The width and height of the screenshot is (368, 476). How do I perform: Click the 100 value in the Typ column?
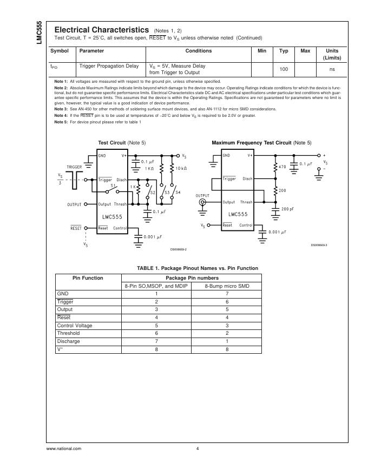coord(283,70)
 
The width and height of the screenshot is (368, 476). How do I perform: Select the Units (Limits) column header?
coord(331,54)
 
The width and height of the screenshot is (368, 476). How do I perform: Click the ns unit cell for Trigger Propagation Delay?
coord(332,70)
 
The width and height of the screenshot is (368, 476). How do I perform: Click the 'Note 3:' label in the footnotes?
coord(61,109)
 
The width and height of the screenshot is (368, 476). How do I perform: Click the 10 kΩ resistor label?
coord(181,169)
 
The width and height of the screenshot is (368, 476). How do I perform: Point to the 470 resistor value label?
coord(282,167)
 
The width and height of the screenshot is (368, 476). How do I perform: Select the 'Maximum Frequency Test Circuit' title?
coord(251,143)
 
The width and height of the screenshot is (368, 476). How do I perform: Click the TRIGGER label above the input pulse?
coord(75,167)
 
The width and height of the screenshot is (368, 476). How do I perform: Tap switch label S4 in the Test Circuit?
coord(178,192)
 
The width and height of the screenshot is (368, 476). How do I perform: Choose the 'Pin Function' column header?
coord(88,277)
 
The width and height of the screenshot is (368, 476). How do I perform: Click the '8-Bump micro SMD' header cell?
coord(227,286)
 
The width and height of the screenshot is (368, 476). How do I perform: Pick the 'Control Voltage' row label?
coord(75,326)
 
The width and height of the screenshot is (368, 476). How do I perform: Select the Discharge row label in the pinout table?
coord(68,341)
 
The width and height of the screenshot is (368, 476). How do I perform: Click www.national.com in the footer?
coord(64,448)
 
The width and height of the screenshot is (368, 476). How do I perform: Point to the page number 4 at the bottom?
coord(198,448)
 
